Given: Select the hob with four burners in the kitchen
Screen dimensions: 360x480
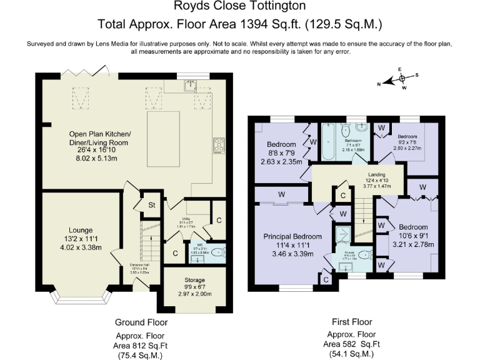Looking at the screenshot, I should (x=220, y=145).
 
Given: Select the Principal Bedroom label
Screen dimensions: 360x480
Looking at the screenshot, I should (x=292, y=237).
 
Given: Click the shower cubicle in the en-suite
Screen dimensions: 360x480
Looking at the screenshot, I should (x=342, y=236).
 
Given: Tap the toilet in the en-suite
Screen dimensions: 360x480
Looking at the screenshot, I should (x=366, y=254).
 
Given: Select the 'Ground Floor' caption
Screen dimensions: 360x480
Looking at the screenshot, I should (x=141, y=322).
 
